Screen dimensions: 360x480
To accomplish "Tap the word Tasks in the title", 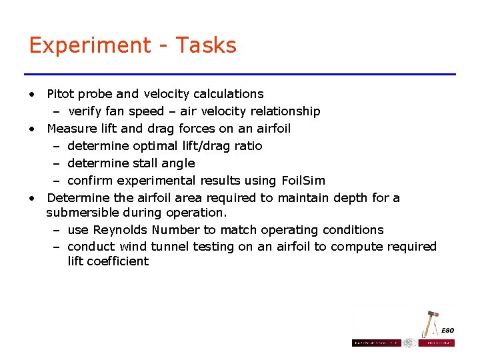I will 207,45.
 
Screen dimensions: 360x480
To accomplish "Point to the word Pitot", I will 61,94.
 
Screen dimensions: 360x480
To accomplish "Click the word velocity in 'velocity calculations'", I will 164,94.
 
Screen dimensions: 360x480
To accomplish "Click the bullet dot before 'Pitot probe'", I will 31,94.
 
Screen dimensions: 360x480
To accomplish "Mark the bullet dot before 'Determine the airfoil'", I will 31,198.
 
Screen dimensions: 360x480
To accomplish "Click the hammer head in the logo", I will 430,315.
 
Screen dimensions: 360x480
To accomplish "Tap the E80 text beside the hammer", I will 447,331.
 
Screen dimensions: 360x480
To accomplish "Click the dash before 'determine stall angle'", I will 57,163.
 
